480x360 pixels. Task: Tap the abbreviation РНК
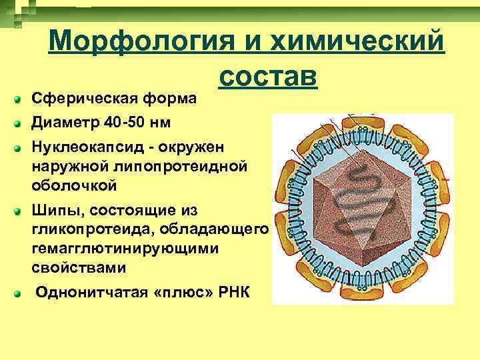point(233,293)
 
